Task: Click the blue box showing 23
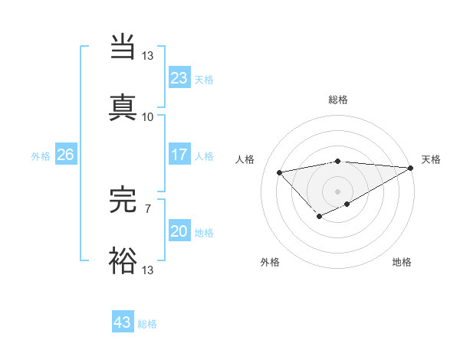click(179, 78)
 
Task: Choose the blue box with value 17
click(179, 155)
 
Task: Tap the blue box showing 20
click(179, 231)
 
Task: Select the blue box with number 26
click(65, 155)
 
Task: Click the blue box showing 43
click(122, 322)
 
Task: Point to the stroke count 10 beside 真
click(147, 117)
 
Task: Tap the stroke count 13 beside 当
click(147, 56)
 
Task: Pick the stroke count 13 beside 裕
click(147, 270)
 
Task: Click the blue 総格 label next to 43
click(147, 324)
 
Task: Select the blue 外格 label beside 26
click(41, 156)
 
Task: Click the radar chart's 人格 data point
click(279, 172)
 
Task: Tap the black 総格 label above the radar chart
click(337, 100)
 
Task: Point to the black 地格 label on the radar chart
click(402, 262)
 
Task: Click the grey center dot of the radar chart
click(337, 191)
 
